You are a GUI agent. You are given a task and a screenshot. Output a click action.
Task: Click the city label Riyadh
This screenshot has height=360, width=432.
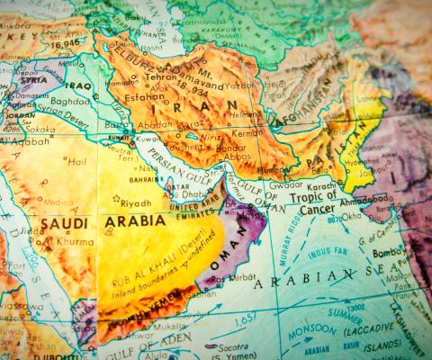137,202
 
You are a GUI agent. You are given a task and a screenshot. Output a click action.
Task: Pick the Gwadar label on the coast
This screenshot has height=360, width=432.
289,185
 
